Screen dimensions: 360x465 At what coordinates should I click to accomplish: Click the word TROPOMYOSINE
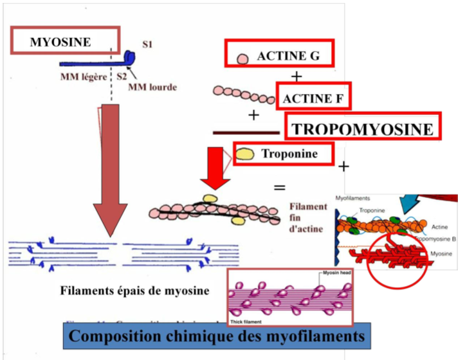[x=362, y=129]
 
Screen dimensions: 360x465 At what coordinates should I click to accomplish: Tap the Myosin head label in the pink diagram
[x=336, y=274]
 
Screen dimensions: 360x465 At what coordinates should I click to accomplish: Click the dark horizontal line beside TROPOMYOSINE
[x=248, y=132]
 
